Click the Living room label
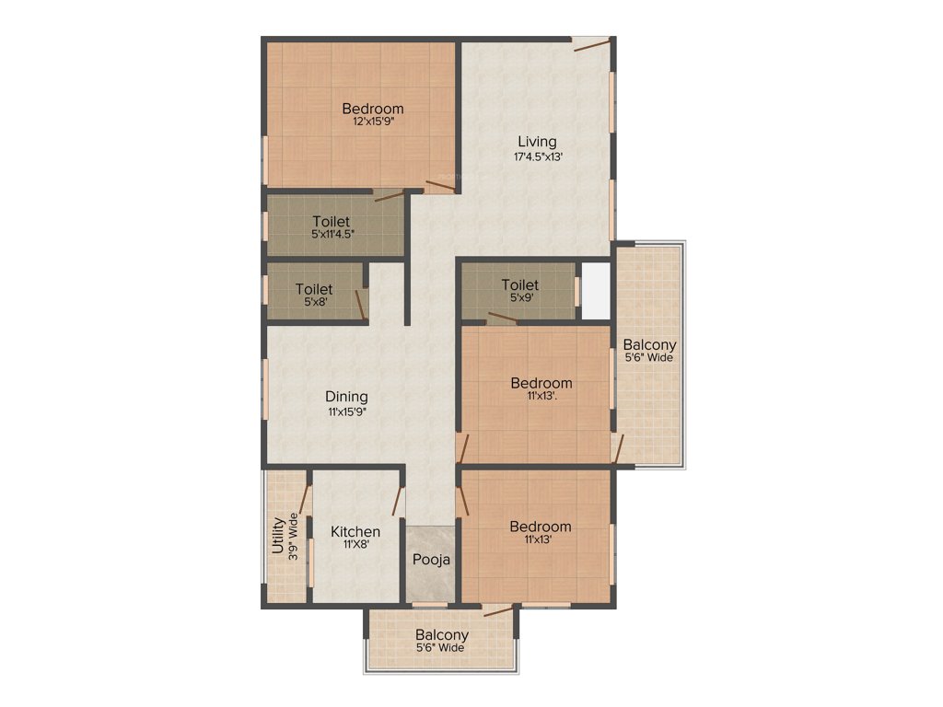pos(537,142)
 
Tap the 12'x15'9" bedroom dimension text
pos(372,122)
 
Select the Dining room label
pos(346,397)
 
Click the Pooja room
pos(430,560)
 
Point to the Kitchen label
pos(355,531)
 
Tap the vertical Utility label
pos(277,534)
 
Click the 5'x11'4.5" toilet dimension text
pos(332,235)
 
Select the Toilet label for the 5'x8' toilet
pos(314,288)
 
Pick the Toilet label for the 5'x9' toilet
pos(520,285)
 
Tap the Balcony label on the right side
pos(648,346)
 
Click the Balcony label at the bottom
pos(442,635)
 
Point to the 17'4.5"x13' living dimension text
pos(538,157)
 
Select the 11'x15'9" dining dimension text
pos(346,411)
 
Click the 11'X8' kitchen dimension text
pos(355,545)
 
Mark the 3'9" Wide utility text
pos(294,538)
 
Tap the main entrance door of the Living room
pos(591,44)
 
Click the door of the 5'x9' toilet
pos(502,319)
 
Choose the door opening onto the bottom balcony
pos(498,609)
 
